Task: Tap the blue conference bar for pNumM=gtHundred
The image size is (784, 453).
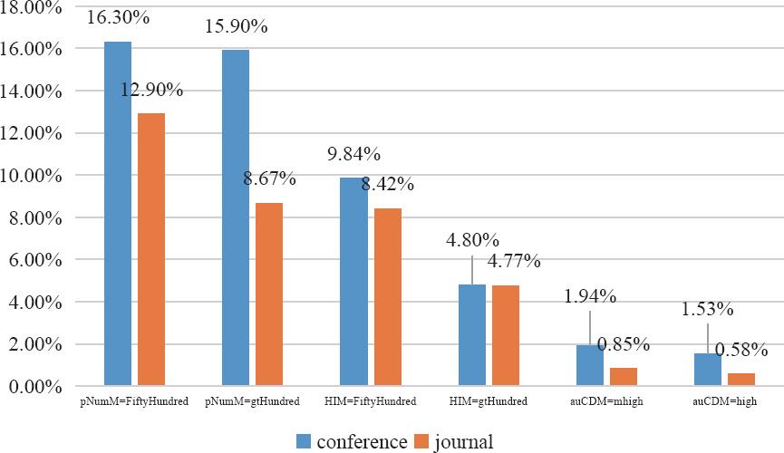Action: pos(236,217)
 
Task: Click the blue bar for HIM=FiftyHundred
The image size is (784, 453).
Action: pos(353,282)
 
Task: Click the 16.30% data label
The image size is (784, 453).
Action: pos(119,17)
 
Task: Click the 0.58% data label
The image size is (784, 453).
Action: pos(741,349)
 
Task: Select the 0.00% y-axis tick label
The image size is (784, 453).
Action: pos(35,387)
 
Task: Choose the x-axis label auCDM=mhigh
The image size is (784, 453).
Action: pos(609,401)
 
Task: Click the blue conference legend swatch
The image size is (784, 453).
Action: pos(305,442)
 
